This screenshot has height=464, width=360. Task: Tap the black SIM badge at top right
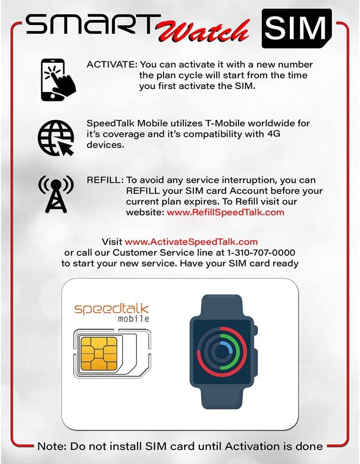[x=297, y=28]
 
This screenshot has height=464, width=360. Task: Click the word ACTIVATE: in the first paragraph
[x=112, y=64]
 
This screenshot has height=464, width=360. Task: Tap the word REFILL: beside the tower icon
[x=105, y=180]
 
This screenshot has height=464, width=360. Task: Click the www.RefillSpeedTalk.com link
[x=225, y=213]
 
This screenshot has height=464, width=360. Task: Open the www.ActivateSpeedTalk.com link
[x=191, y=242]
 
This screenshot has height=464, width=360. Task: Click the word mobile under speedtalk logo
[x=134, y=319]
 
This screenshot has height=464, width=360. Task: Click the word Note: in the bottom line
[x=52, y=446]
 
